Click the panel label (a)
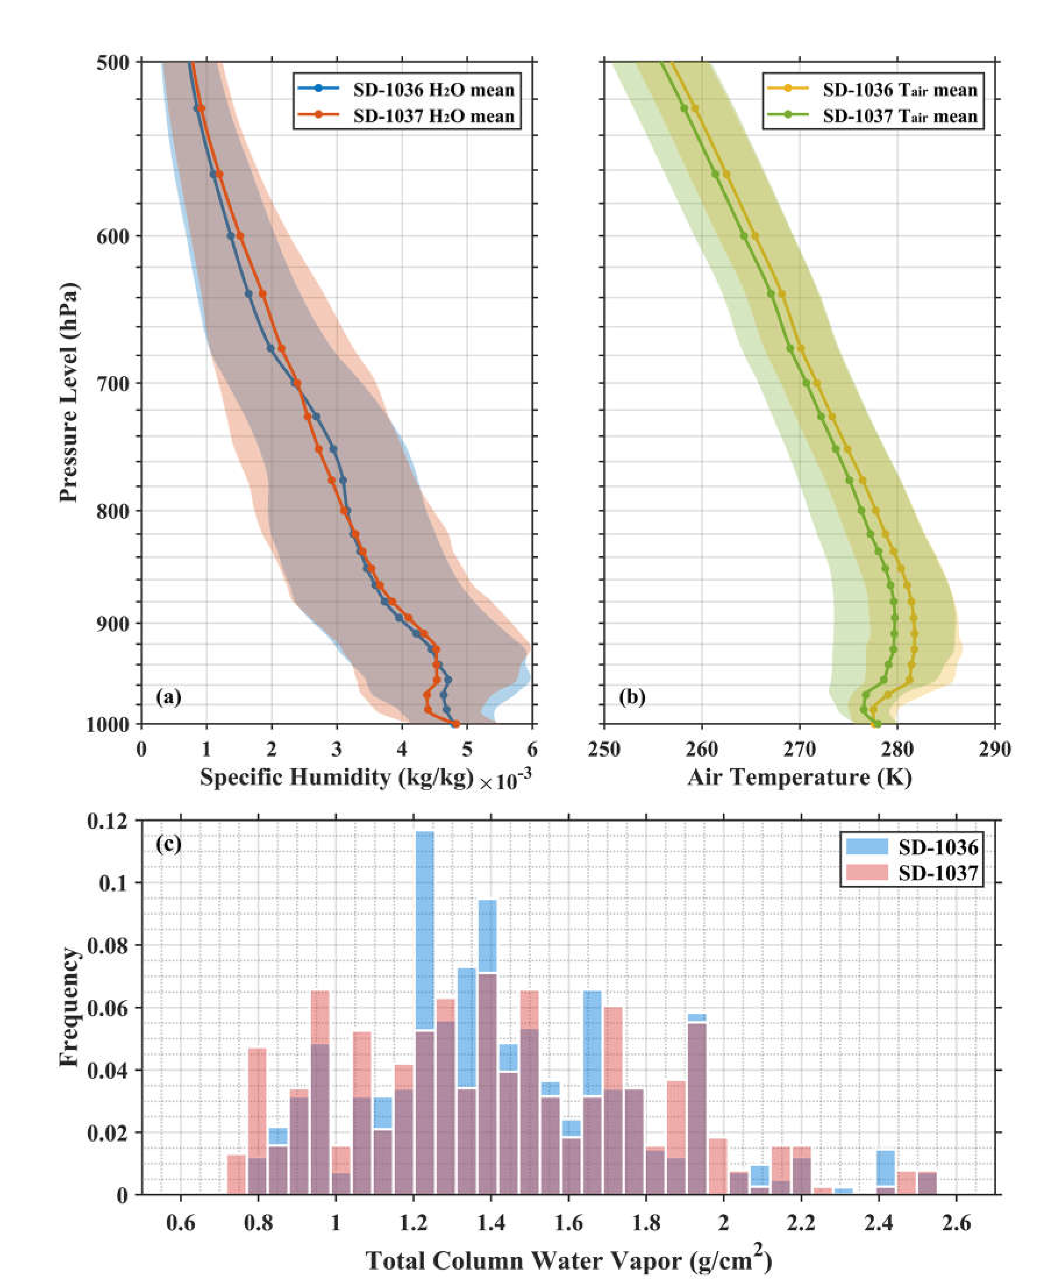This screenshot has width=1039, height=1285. (x=168, y=697)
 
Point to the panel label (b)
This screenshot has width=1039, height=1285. (x=632, y=697)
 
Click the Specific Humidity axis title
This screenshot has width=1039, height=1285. (x=337, y=778)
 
